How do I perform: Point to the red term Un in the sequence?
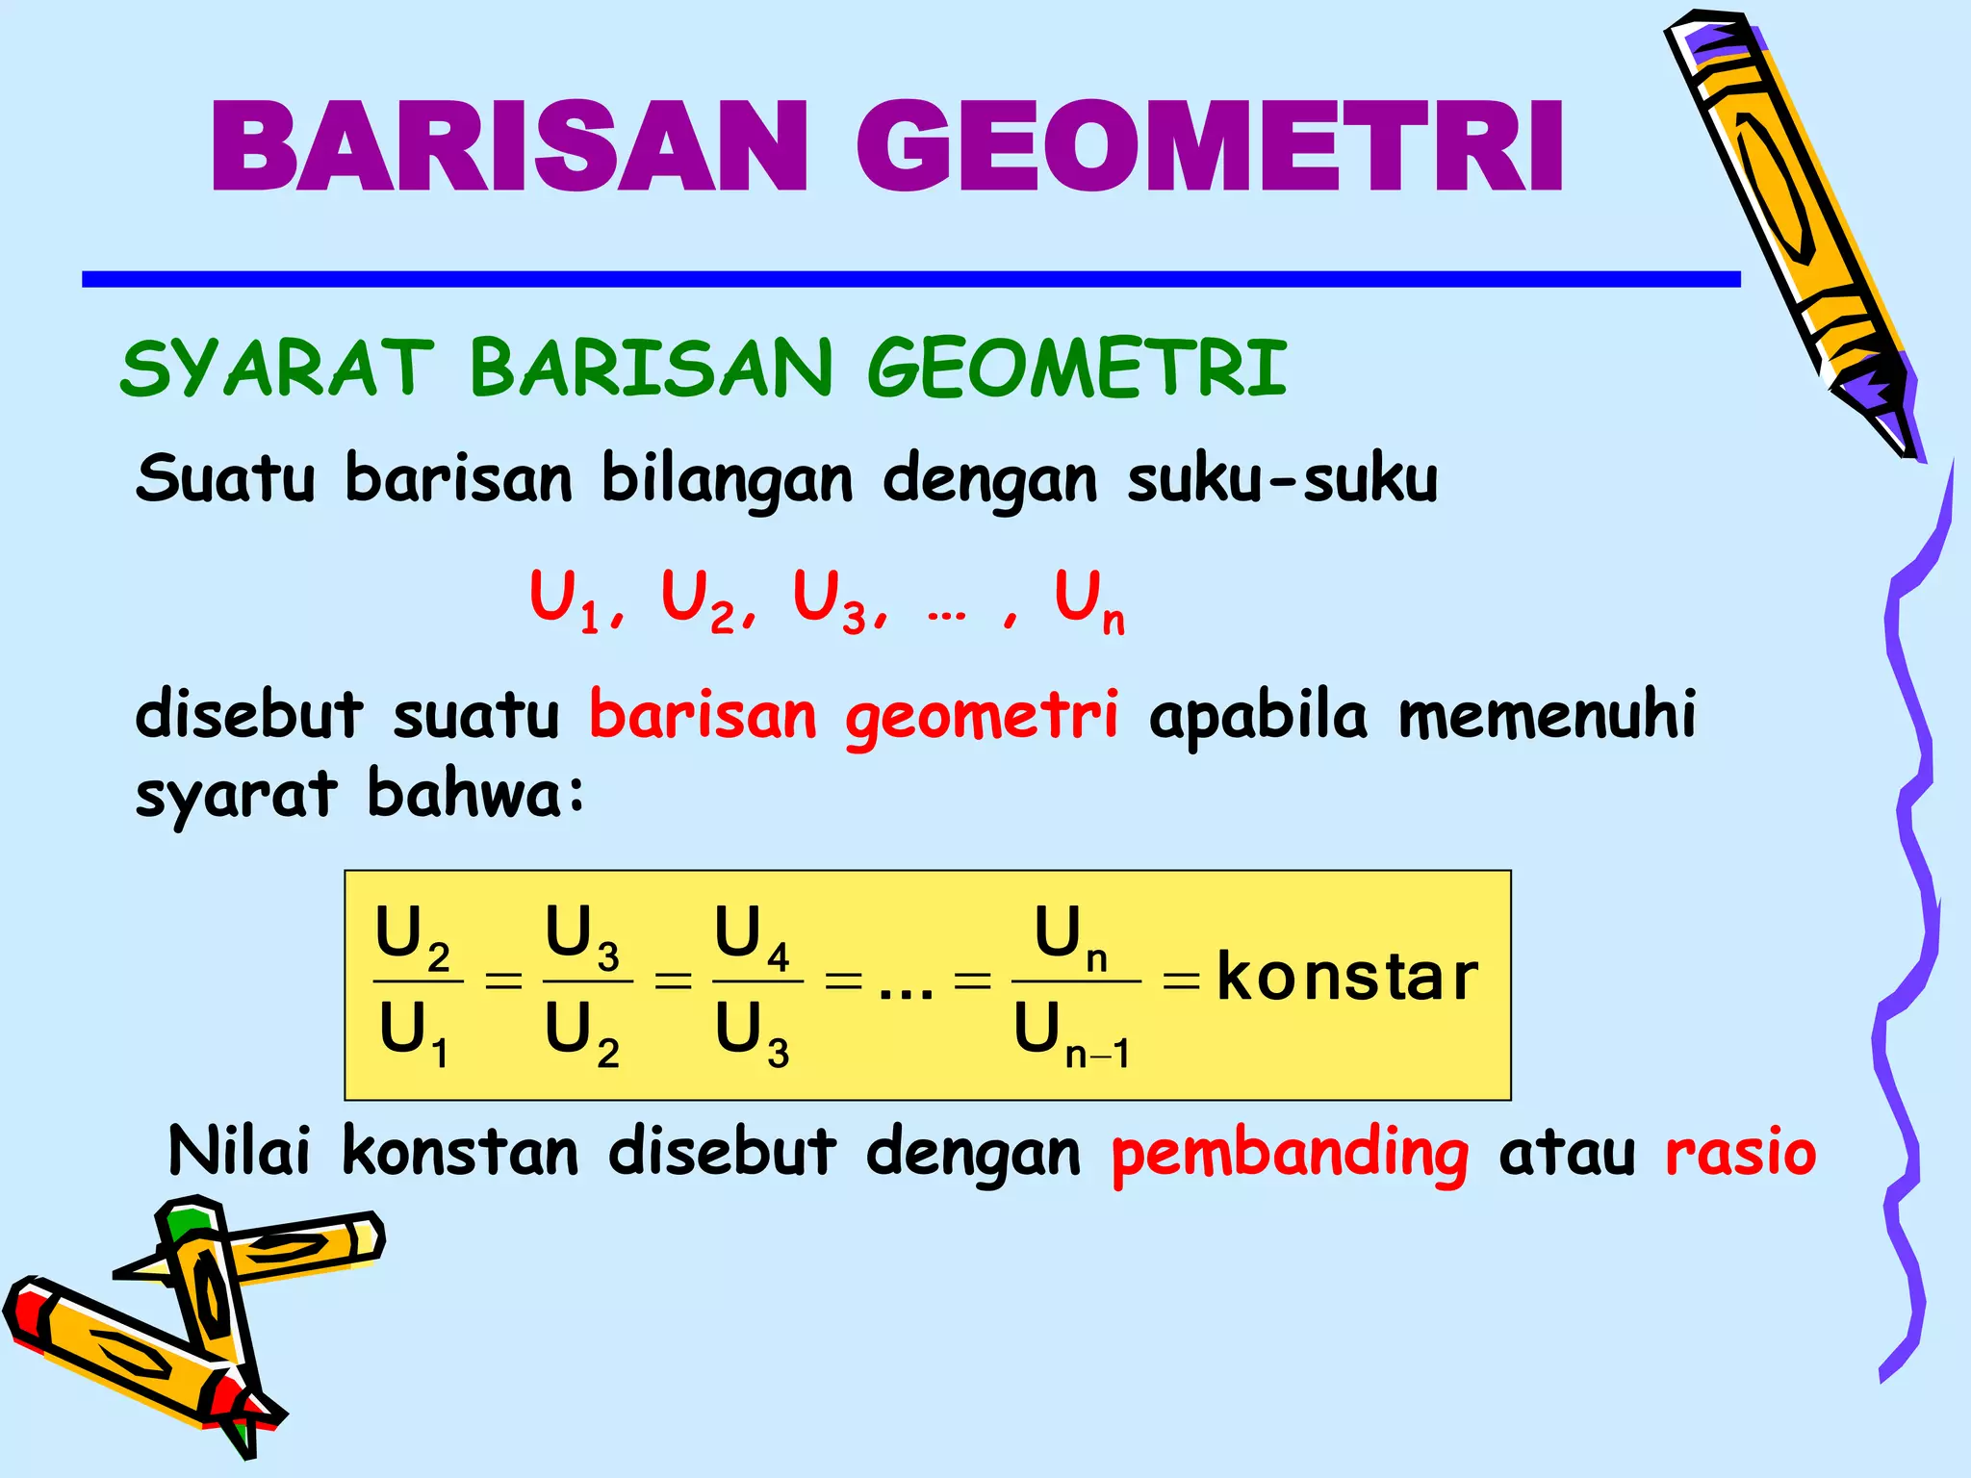click(x=1088, y=600)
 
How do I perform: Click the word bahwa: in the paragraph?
click(x=475, y=795)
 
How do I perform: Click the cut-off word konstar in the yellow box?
click(x=1346, y=978)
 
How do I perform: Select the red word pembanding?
click(x=1290, y=1153)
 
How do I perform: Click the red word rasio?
click(x=1740, y=1153)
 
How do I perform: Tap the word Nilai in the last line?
click(x=240, y=1151)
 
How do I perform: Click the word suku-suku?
click(x=1283, y=478)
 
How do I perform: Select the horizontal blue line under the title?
click(x=910, y=279)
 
